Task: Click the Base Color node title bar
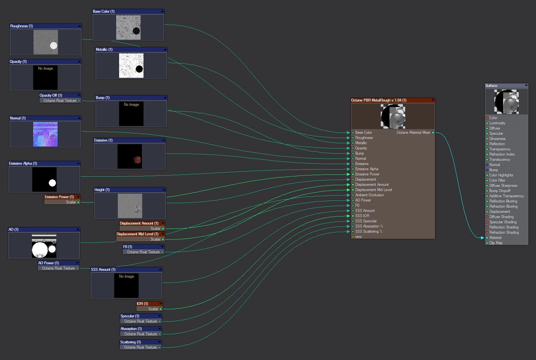(x=128, y=11)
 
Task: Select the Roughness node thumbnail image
(x=46, y=42)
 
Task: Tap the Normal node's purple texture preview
(x=45, y=134)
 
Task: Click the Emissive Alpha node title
(x=23, y=163)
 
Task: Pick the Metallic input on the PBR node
(x=361, y=143)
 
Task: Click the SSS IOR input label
(x=362, y=216)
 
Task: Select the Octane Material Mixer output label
(x=414, y=132)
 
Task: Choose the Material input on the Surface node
(x=495, y=237)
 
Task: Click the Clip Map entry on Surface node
(x=496, y=243)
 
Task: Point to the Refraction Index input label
(x=502, y=154)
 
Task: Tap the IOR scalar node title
(x=142, y=303)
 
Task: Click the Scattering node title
(x=131, y=342)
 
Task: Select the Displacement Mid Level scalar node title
(x=137, y=234)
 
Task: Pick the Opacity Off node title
(x=51, y=95)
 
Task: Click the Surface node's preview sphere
(x=506, y=102)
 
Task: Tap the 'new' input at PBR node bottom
(x=358, y=237)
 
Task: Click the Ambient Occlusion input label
(x=369, y=195)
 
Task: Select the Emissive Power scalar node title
(x=59, y=197)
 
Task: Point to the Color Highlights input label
(x=501, y=175)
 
